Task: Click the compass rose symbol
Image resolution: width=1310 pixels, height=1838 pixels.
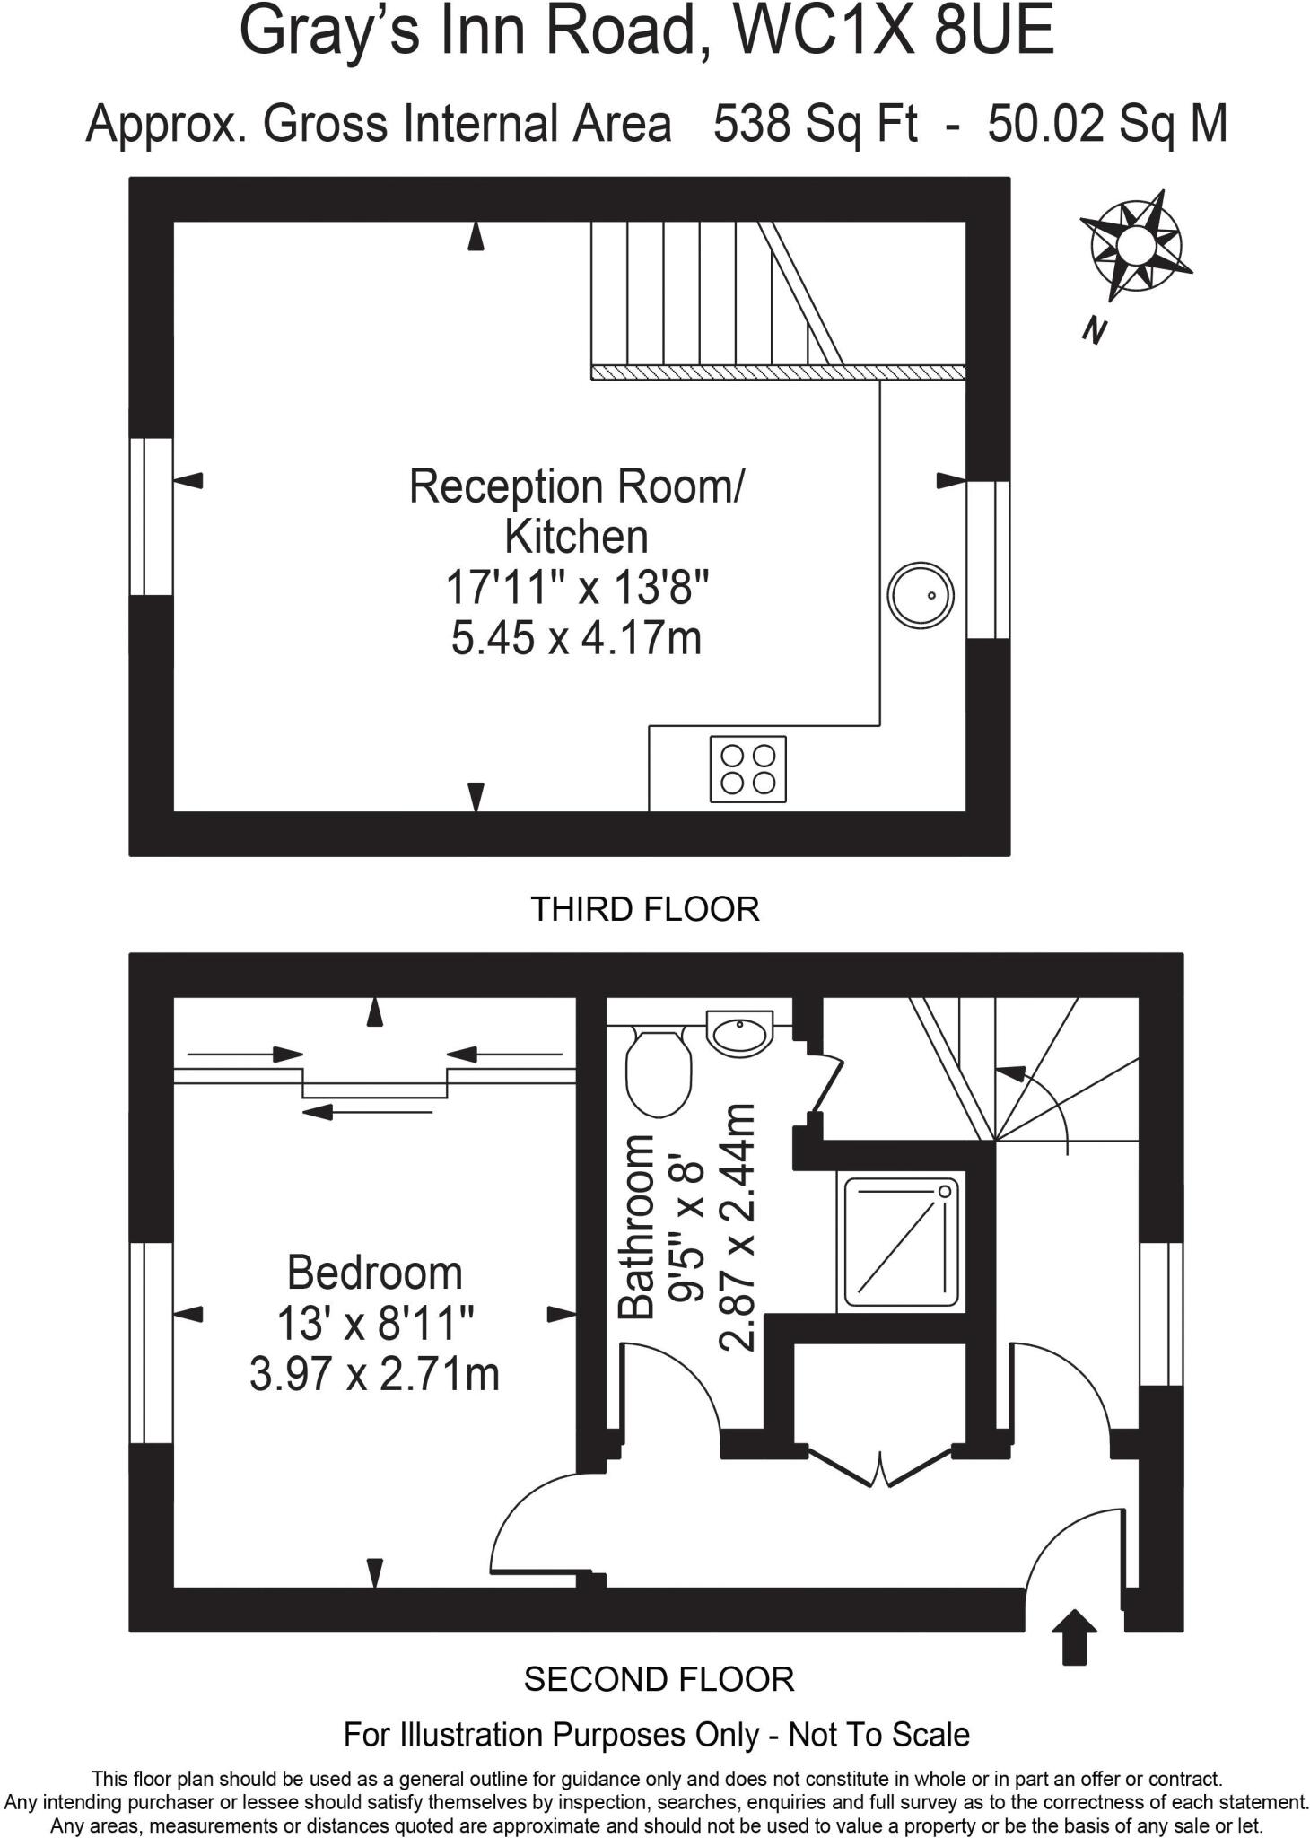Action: [1134, 245]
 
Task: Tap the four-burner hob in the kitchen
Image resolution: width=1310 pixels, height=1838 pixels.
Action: [747, 769]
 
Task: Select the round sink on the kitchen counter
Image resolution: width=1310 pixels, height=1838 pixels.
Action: [920, 594]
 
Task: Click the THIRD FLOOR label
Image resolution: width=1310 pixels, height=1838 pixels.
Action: [645, 909]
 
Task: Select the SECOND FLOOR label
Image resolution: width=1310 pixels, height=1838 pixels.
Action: [659, 1679]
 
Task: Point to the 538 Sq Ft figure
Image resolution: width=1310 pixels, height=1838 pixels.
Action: [815, 124]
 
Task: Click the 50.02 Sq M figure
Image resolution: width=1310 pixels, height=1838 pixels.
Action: [1107, 124]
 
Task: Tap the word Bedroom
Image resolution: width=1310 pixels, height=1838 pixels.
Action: [374, 1273]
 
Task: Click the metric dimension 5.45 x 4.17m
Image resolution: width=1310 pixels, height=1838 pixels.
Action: [575, 639]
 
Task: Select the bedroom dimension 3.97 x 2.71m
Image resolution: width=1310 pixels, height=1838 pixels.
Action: [374, 1374]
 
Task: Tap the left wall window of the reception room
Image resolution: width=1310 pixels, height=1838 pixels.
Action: [150, 516]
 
